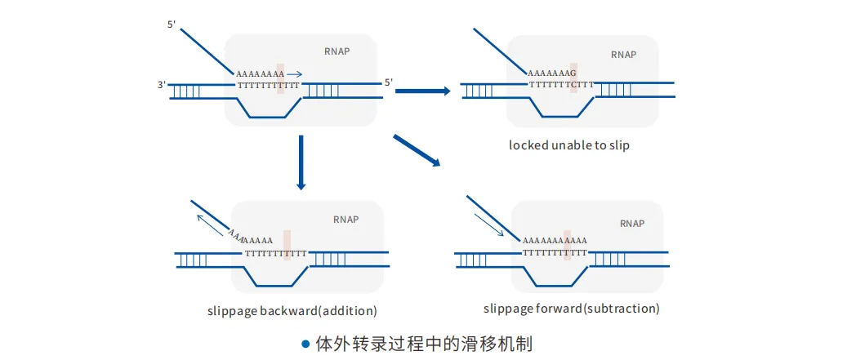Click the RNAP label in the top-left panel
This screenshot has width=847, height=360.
(x=337, y=51)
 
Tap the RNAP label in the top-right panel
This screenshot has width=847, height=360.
(x=623, y=55)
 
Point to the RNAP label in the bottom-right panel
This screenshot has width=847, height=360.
(x=632, y=223)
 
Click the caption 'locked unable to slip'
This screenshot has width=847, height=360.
(x=568, y=145)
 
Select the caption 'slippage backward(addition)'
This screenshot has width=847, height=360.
(x=292, y=311)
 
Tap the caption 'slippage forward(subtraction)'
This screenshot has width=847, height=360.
(x=572, y=309)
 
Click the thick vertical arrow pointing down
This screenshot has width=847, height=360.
(x=301, y=162)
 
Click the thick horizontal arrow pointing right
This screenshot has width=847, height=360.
(x=423, y=91)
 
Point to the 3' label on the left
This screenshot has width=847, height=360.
(x=160, y=85)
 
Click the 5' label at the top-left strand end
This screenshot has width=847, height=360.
(x=172, y=24)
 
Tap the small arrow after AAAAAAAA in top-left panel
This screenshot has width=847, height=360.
(x=294, y=74)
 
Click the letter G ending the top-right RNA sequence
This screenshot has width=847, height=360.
(x=573, y=73)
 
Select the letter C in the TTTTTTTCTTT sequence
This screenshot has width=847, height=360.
(x=575, y=85)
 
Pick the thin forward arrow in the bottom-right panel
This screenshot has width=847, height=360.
(x=489, y=224)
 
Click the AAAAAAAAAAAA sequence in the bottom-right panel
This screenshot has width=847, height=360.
(x=555, y=240)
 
